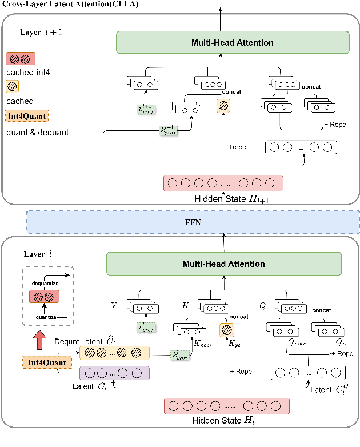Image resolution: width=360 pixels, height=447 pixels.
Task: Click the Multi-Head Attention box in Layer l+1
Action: (x=232, y=43)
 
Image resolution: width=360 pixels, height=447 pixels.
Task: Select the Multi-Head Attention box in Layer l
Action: (x=223, y=264)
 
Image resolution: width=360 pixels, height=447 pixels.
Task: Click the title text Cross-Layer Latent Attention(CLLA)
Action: (x=60, y=4)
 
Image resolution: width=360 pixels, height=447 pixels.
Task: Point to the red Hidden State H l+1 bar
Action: (x=223, y=184)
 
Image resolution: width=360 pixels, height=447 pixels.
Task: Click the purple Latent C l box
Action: (x=114, y=373)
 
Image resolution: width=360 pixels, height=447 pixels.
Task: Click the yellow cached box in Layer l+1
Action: (x=224, y=106)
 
